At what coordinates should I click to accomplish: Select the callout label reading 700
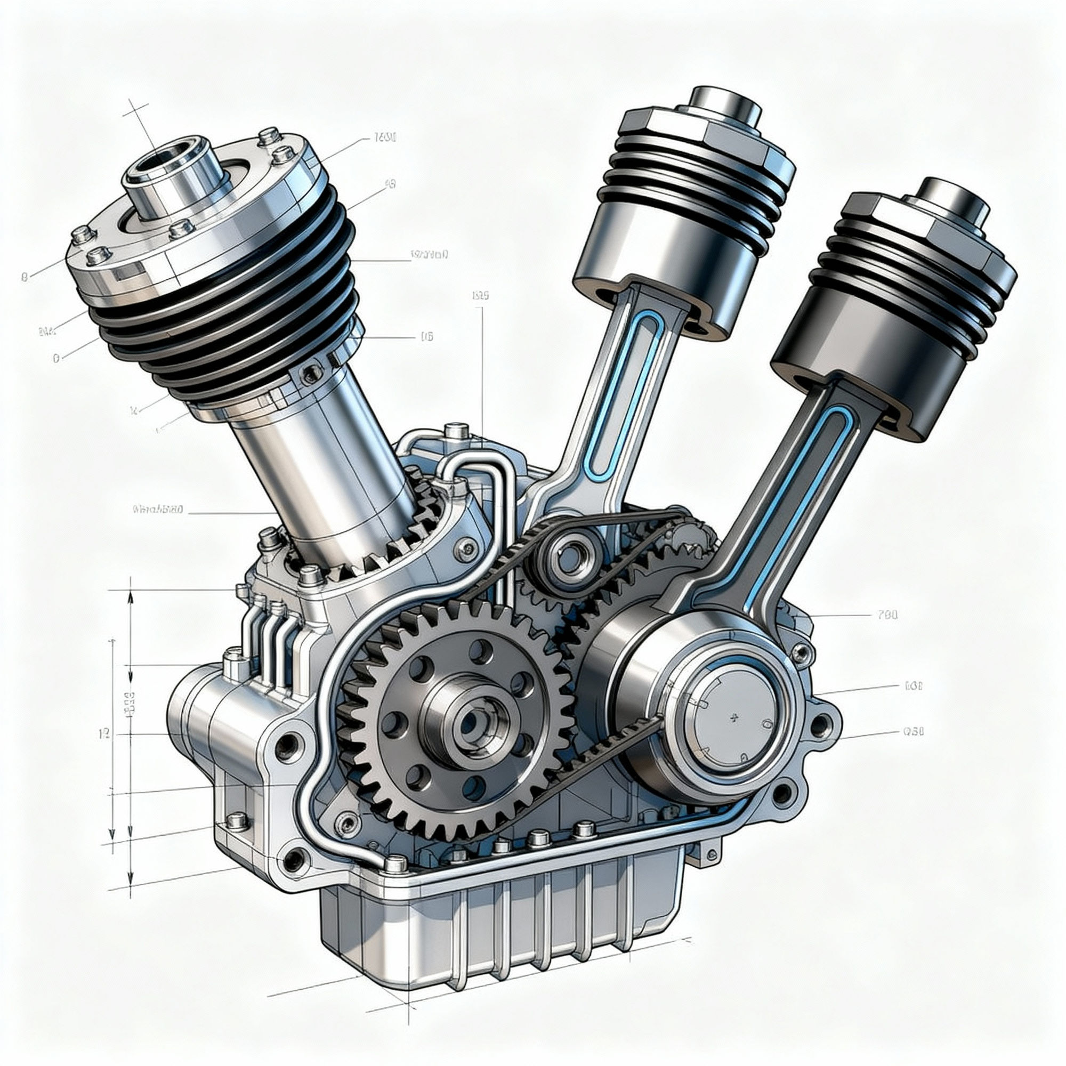(887, 615)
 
